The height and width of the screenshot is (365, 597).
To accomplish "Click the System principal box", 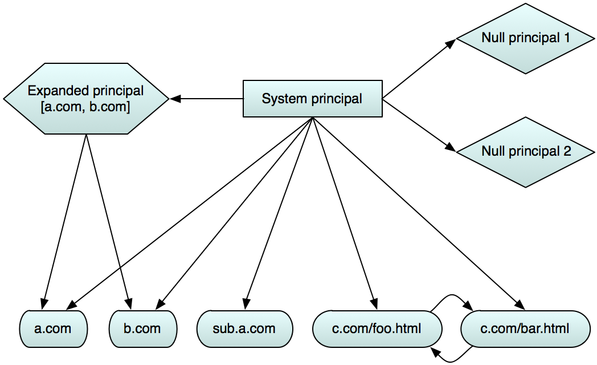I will point(312,99).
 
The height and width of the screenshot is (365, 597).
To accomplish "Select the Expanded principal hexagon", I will point(85,99).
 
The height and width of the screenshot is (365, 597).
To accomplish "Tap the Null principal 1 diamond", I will point(525,38).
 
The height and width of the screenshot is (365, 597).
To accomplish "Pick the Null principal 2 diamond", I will point(525,152).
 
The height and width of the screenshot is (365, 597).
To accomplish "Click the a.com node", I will point(53,328).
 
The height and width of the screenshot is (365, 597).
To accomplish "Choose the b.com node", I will point(142,328).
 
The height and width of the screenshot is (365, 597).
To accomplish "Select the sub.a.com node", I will point(244,328).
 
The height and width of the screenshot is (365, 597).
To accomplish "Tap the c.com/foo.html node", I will point(377,328).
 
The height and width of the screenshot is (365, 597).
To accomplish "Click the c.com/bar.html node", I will point(525,328).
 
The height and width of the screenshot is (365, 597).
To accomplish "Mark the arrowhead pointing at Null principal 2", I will point(452,149).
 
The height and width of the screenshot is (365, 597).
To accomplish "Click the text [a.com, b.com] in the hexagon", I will point(85,107).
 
